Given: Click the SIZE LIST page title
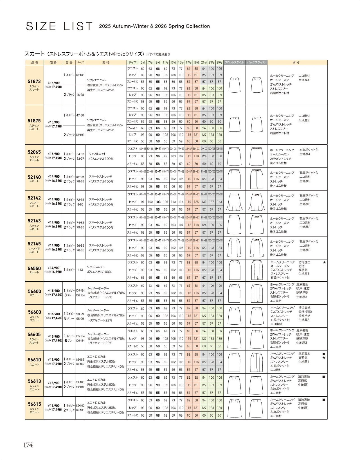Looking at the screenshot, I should point(59,26).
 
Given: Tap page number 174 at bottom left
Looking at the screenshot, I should point(28,445).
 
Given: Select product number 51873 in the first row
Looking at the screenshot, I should point(34,81).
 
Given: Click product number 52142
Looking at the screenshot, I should point(34,198).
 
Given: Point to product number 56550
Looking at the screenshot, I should point(34,268).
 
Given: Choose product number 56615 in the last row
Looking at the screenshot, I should point(34,404).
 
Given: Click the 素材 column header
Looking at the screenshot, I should point(105,62).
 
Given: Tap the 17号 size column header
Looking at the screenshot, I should point(188,62).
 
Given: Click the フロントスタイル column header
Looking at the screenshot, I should point(234,62).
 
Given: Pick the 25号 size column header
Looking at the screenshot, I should point(219,62).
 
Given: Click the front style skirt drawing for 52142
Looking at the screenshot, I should point(234,202).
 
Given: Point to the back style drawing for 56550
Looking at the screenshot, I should point(256,270).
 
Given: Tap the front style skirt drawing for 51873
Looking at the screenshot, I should point(234,85).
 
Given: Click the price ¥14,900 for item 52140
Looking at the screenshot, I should point(53,177).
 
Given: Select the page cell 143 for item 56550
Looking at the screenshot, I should point(80,270).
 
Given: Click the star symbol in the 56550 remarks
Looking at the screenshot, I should point(324,262).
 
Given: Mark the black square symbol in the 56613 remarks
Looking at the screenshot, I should point(324,377).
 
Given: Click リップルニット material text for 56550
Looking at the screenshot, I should point(96,267).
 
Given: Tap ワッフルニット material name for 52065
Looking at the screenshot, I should point(97,154).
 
